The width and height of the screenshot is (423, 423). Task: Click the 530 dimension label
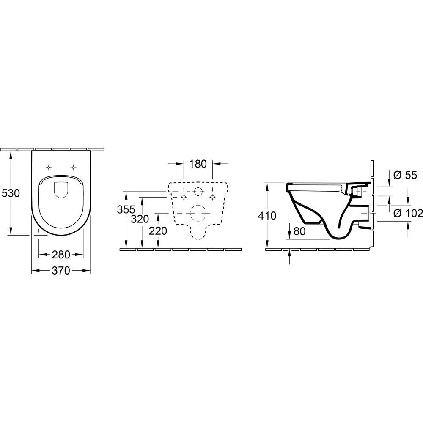[11, 193]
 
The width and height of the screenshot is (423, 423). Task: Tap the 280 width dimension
[61, 255]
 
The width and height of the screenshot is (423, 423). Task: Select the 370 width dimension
[61, 271]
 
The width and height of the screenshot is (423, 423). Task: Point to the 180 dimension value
[198, 163]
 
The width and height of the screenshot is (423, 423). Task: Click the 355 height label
[126, 209]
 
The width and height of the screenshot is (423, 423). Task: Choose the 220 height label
[157, 231]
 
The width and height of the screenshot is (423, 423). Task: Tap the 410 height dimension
[267, 216]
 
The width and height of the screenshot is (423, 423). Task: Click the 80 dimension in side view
[299, 231]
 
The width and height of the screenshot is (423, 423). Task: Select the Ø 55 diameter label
[405, 175]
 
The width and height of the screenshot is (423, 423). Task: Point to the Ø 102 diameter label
[408, 213]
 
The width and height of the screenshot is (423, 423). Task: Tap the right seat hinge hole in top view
[74, 167]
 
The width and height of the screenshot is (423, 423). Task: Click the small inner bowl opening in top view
[61, 190]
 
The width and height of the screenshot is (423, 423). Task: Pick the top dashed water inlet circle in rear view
[198, 191]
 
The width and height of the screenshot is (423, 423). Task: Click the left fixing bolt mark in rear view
[184, 197]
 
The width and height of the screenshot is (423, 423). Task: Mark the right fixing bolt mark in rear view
[212, 197]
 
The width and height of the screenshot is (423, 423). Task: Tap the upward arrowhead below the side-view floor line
[289, 253]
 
